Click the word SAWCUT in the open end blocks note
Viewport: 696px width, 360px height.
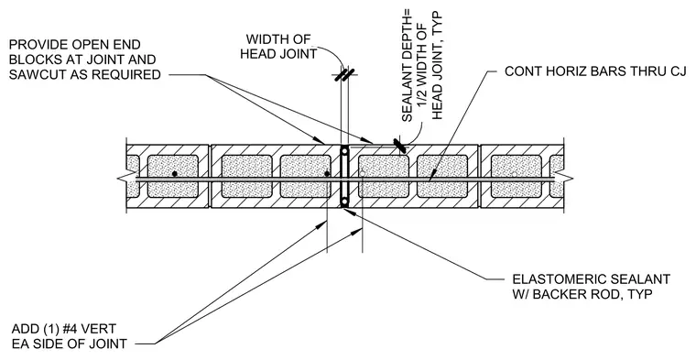click(32, 74)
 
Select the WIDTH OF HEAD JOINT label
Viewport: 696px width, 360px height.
click(278, 47)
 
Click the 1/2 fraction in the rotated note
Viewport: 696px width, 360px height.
click(422, 97)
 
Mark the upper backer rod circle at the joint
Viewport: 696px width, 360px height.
click(344, 152)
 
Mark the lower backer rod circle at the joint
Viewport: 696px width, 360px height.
click(344, 202)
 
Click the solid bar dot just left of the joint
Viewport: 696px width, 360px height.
click(327, 173)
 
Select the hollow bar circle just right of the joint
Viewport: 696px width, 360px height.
click(363, 173)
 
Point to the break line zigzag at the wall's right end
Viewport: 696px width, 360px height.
click(565, 179)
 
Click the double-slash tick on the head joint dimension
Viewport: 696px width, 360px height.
click(344, 74)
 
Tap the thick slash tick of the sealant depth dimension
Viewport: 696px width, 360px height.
click(399, 146)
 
